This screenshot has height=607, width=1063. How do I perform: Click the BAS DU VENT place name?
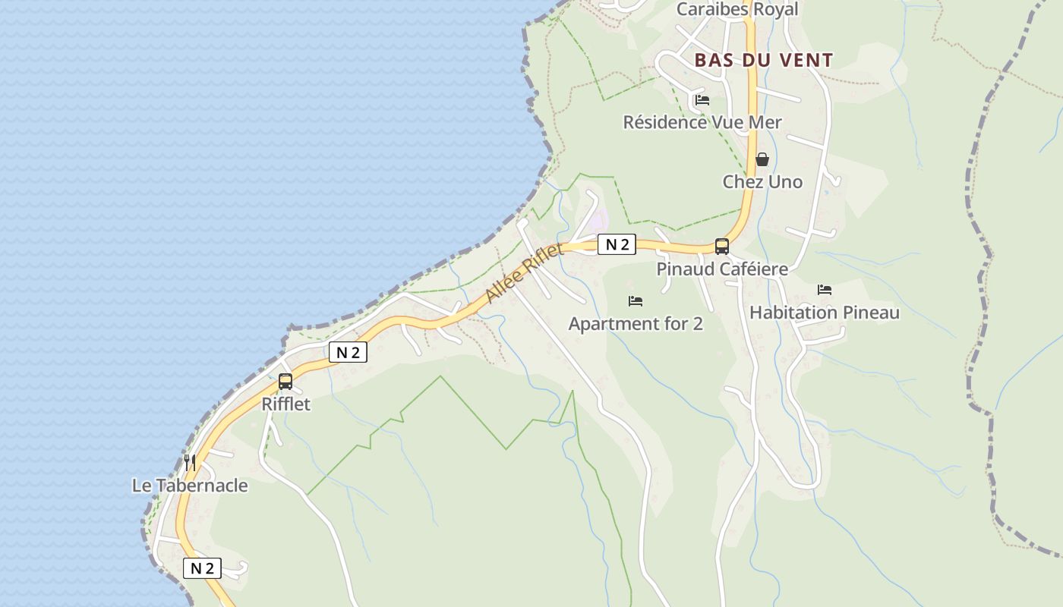point(764,60)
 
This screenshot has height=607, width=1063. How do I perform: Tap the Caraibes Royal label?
point(737,10)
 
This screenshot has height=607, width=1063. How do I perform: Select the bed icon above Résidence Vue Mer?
point(702,99)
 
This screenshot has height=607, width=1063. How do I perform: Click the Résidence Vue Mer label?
point(702,122)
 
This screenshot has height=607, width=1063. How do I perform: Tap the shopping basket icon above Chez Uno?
point(762,159)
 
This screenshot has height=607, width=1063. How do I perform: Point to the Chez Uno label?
point(762,182)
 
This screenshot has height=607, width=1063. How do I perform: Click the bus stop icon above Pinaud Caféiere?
point(722,246)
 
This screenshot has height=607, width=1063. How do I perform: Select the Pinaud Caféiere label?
point(722,269)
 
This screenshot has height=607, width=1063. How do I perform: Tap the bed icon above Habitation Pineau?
point(825,289)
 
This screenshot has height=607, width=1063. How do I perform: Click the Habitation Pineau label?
point(825,313)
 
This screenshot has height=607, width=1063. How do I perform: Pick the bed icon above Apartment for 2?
point(636,301)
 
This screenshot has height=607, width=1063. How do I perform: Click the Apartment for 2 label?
point(636,324)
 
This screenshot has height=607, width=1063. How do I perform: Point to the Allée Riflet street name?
point(525,273)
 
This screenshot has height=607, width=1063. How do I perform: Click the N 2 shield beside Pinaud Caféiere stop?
point(617,244)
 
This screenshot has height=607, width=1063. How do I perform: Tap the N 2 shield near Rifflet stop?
point(348,352)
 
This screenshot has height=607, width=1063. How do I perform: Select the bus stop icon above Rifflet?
point(285,382)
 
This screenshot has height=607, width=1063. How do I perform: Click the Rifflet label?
point(286,404)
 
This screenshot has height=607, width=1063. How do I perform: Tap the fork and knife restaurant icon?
point(190,462)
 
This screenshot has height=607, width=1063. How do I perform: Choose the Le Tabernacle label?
point(190,486)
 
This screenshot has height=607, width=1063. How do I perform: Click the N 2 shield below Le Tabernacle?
point(202,568)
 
